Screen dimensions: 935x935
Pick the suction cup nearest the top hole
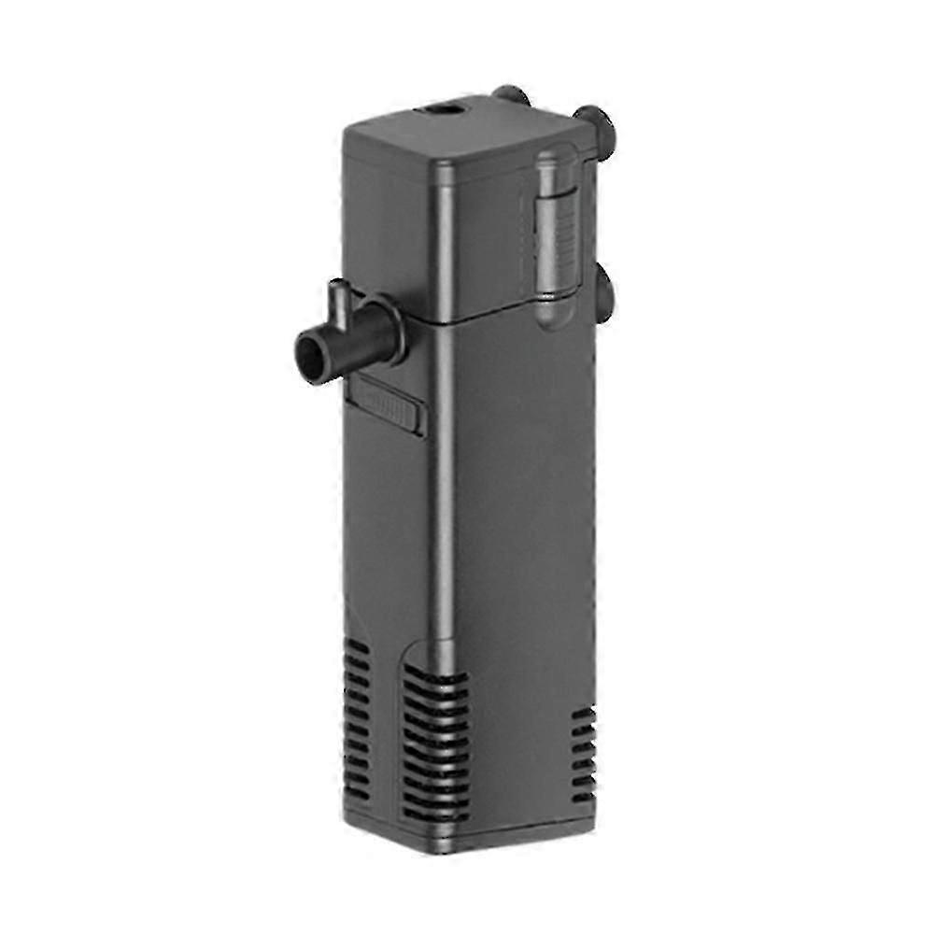[x=511, y=96]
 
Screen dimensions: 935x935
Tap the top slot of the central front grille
[x=437, y=675]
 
